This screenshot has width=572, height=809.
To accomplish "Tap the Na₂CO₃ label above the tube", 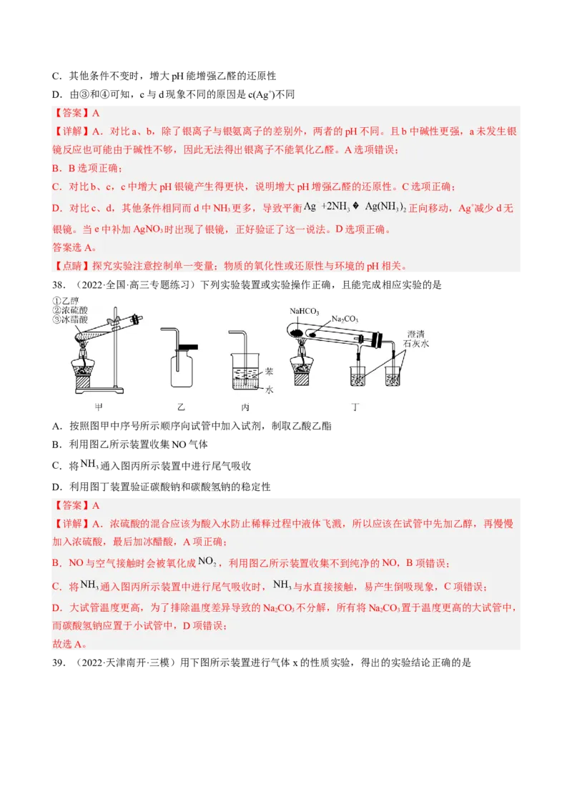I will [345, 319].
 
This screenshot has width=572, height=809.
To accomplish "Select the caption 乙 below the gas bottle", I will [181, 407].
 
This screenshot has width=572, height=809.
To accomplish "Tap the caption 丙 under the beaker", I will [245, 407].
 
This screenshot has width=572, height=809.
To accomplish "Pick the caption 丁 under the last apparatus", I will [355, 407].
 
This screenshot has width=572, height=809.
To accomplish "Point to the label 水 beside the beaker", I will [270, 390].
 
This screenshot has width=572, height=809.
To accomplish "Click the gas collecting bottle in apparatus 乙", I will [182, 368].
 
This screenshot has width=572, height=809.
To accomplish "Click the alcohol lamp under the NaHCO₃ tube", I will [302, 368].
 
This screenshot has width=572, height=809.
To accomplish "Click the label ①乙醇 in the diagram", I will [66, 300].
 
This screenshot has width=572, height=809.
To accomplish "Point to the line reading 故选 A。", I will [69, 643].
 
